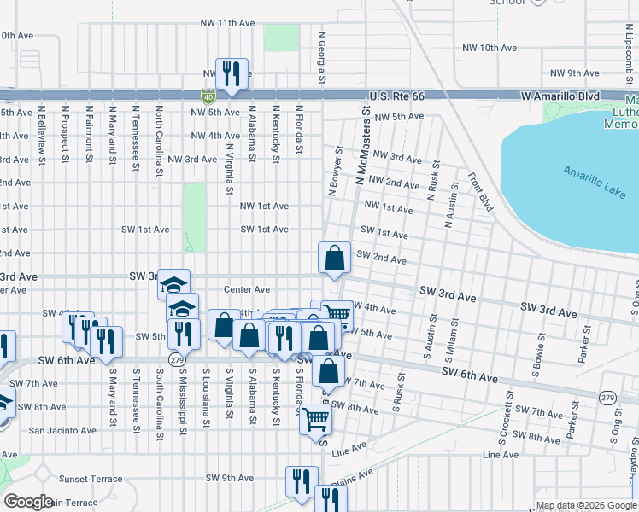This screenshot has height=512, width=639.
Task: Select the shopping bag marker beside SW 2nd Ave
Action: click(x=335, y=258)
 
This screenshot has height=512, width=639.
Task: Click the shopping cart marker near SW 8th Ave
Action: click(x=315, y=419)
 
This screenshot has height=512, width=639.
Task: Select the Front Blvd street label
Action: click(x=481, y=193)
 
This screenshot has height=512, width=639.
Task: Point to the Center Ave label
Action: click(x=247, y=289)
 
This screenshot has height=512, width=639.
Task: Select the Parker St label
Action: click(x=584, y=347)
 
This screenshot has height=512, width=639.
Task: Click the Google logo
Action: click(x=29, y=502)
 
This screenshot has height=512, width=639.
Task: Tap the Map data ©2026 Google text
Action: click(x=586, y=505)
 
